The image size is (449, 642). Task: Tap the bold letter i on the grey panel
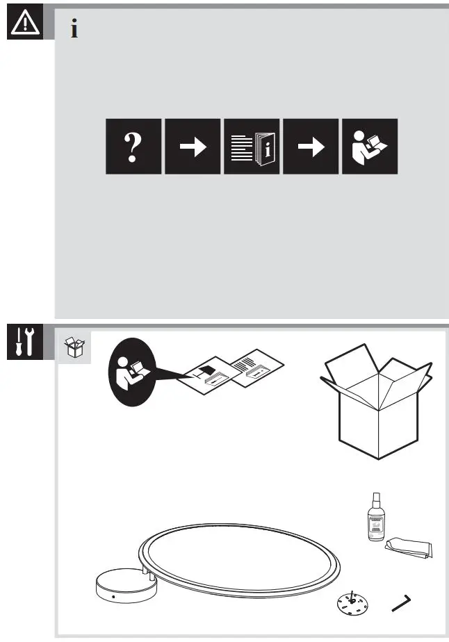pos(74,30)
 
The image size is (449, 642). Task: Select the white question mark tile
pos(133,147)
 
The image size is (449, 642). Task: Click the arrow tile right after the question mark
pos(193,147)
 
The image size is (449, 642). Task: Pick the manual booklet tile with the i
pos(252,147)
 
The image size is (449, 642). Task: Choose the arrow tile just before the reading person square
pos(311,147)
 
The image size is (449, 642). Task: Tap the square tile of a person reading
pos(370,147)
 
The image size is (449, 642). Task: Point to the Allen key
pos(404,602)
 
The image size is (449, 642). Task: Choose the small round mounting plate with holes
pos(352,602)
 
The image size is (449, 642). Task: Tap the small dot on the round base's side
pos(113,598)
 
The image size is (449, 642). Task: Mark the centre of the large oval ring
pos(240,559)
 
